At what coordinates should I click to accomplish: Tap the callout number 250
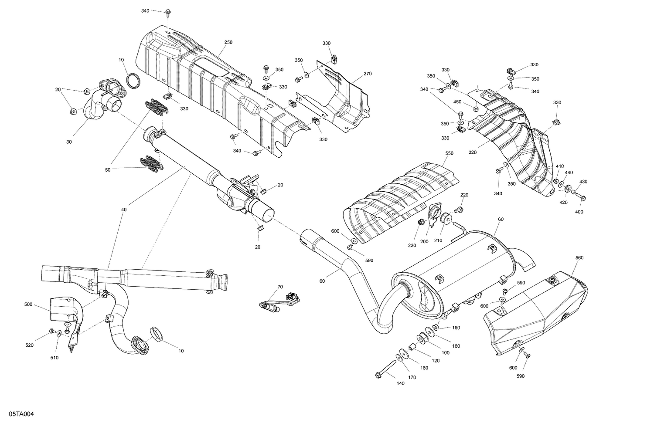(x=228, y=42)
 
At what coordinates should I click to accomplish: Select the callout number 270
(x=367, y=74)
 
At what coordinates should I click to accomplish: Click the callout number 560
(x=579, y=258)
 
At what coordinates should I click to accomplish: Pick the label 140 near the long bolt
(x=400, y=383)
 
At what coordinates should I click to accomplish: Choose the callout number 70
(x=280, y=287)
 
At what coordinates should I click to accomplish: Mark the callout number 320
(x=473, y=152)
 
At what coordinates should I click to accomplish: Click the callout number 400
(x=579, y=212)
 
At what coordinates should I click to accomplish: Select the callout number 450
(x=457, y=102)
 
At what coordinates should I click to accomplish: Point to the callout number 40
(x=124, y=210)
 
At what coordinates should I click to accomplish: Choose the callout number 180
(x=456, y=328)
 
